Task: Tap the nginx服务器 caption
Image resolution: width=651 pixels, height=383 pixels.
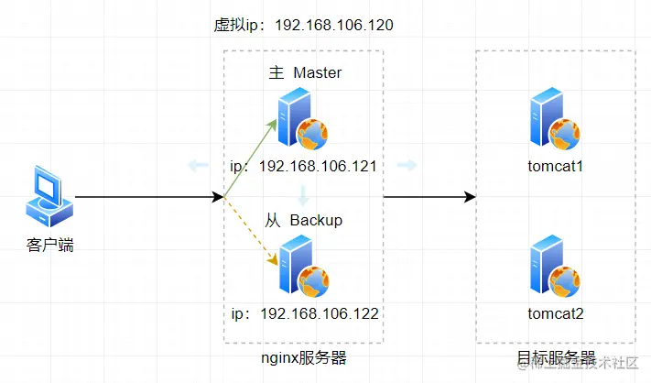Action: click(x=304, y=357)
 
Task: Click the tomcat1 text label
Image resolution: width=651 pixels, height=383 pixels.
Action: click(x=556, y=168)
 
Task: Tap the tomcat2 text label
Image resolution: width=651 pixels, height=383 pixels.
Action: click(x=556, y=313)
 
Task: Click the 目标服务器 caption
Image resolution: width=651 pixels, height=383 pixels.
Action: click(x=557, y=357)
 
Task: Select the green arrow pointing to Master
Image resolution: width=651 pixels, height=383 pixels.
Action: click(x=251, y=158)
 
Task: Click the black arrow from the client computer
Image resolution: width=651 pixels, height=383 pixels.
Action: click(x=146, y=197)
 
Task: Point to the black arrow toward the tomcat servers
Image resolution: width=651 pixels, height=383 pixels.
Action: click(x=429, y=197)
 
